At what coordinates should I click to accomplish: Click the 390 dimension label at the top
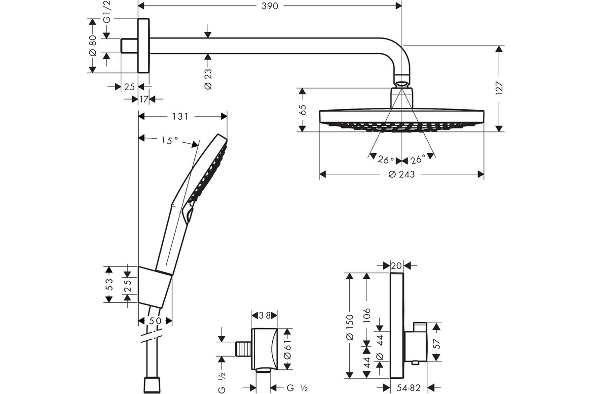(270, 6)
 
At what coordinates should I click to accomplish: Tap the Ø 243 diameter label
(402, 174)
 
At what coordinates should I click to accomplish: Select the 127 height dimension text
(499, 88)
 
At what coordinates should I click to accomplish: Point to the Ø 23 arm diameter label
(208, 79)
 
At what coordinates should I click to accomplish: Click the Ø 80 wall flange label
(93, 45)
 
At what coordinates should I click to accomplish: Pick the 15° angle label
(169, 140)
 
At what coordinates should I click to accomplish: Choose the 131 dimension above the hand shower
(180, 116)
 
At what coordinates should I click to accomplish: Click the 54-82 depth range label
(408, 388)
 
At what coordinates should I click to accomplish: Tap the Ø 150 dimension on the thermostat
(349, 327)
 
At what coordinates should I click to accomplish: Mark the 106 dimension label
(367, 315)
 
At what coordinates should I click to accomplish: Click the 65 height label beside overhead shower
(303, 110)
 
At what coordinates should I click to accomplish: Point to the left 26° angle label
(386, 160)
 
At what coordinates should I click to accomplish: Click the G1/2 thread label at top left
(107, 12)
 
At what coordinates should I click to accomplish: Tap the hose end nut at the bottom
(152, 386)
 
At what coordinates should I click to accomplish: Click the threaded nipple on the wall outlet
(243, 349)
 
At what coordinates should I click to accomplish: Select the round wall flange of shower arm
(144, 46)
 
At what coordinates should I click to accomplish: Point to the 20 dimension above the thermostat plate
(397, 266)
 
